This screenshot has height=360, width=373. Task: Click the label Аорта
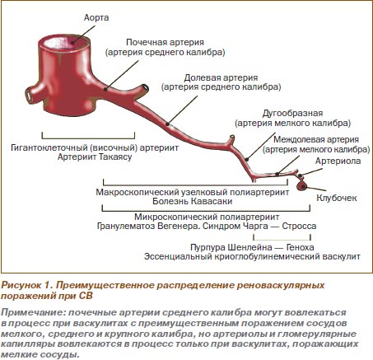96,17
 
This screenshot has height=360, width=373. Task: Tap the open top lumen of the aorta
64,42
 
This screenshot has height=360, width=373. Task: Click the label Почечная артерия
165,42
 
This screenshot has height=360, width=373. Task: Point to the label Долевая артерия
221,77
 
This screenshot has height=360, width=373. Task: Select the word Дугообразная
292,114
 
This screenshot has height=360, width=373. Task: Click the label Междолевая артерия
316,139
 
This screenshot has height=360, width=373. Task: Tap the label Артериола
338,161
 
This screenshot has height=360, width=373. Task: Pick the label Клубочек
337,198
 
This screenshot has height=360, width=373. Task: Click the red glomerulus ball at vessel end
302,186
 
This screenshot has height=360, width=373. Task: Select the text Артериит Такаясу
95,157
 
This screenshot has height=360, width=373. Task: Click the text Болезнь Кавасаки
193,201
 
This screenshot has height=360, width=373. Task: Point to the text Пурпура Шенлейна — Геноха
252,247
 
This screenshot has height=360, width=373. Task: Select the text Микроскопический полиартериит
207,217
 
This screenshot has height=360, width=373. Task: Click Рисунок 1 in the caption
26,285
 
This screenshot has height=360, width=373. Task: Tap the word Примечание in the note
34,312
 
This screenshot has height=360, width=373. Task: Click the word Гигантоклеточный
49,148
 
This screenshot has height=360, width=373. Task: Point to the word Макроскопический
138,192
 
